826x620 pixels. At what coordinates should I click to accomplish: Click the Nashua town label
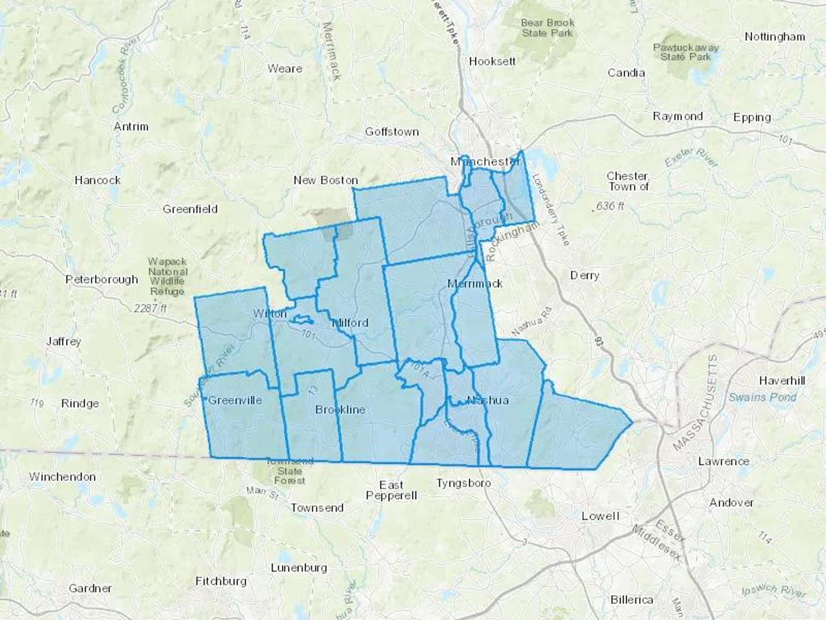487,400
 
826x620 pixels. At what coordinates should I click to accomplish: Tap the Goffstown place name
392,132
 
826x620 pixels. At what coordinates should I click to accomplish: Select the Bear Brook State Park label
547,28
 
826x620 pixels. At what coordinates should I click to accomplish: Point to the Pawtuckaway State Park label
686,52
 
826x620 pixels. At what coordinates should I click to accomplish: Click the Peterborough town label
101,279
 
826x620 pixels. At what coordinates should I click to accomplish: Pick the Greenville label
235,400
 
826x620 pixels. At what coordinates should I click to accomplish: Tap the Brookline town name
340,409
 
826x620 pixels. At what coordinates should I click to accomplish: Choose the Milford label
351,323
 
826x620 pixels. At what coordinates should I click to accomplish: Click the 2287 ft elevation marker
150,308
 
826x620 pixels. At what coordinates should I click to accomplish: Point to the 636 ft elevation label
610,206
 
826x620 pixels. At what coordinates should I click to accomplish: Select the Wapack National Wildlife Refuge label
167,276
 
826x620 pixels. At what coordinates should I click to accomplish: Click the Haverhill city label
782,381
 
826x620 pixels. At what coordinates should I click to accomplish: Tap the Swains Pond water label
762,397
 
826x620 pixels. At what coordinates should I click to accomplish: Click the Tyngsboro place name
463,483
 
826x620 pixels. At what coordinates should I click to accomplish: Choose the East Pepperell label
391,490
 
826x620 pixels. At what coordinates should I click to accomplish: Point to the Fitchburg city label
221,581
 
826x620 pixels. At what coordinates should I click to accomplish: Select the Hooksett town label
492,61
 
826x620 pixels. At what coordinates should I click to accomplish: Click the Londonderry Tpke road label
551,209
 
